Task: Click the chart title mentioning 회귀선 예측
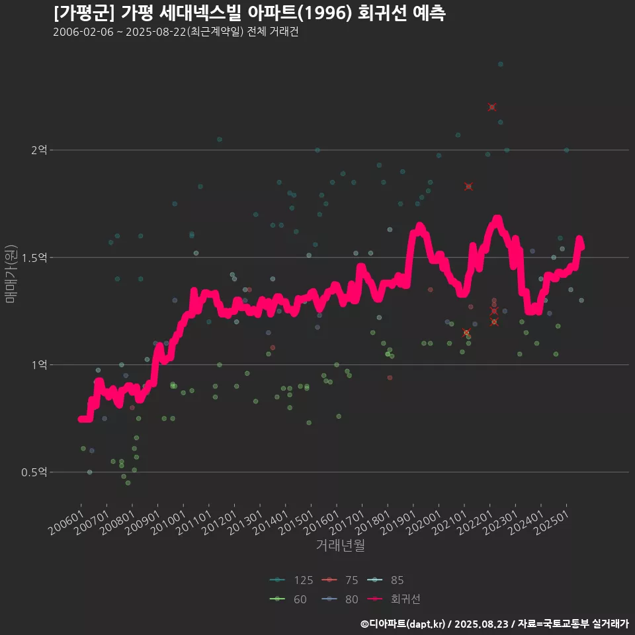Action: pyautogui.click(x=249, y=13)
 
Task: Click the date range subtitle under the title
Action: pyautogui.click(x=175, y=32)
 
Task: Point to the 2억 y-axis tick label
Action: pyautogui.click(x=38, y=150)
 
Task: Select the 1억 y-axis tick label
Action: pyautogui.click(x=38, y=364)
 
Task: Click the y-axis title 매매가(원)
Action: pyautogui.click(x=10, y=274)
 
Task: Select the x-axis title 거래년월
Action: pyautogui.click(x=340, y=545)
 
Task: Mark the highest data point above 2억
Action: pyautogui.click(x=500, y=64)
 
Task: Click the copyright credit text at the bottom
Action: pyautogui.click(x=494, y=624)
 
